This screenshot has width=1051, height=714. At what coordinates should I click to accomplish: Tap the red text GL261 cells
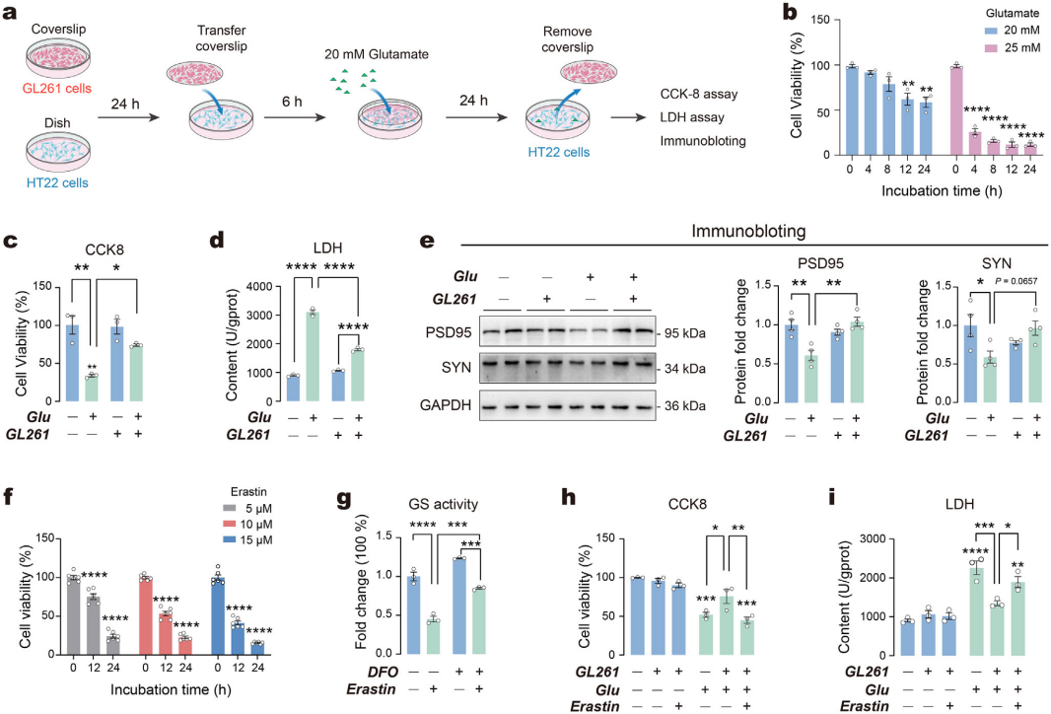tap(56, 87)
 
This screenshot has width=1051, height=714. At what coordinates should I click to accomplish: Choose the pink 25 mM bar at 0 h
tap(955, 109)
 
